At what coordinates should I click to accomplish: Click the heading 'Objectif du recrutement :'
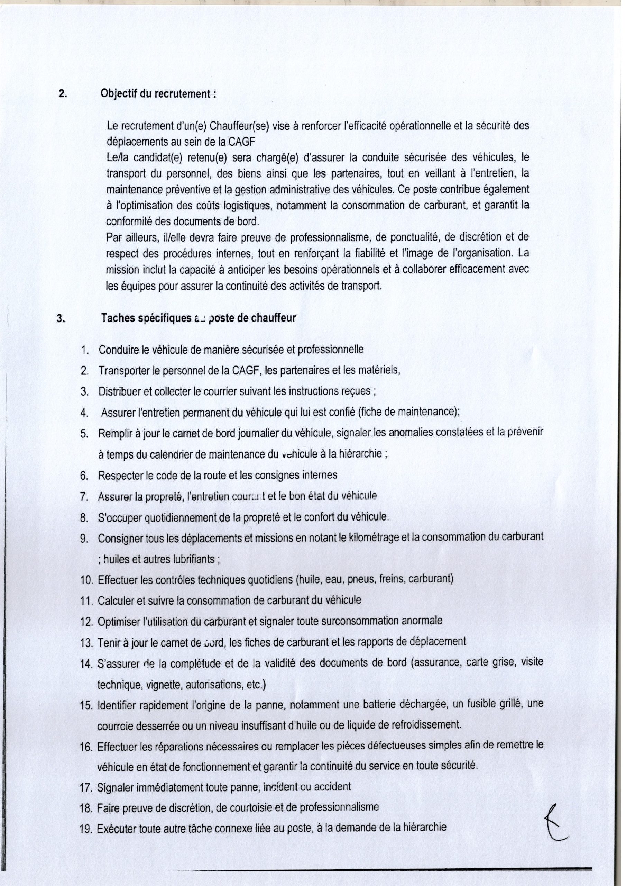point(158,94)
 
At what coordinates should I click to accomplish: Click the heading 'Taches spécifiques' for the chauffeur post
point(147,318)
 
